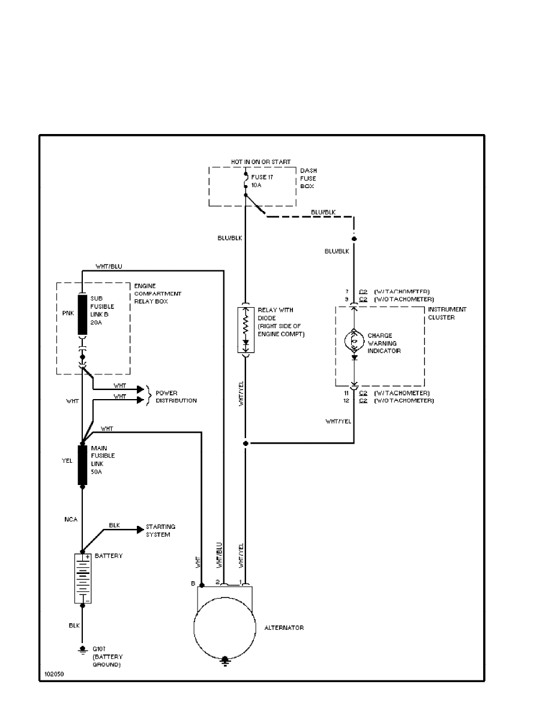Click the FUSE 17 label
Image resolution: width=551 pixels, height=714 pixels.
pyautogui.click(x=263, y=178)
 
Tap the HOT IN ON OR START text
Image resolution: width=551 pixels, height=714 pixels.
pyautogui.click(x=261, y=162)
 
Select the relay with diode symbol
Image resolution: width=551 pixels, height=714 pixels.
pyautogui.click(x=245, y=329)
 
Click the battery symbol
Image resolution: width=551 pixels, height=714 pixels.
pyautogui.click(x=83, y=578)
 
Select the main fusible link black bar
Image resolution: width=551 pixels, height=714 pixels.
pyautogui.click(x=82, y=464)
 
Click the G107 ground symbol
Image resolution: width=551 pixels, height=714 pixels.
pyautogui.click(x=82, y=650)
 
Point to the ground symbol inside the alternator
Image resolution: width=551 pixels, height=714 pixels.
pyautogui.click(x=225, y=660)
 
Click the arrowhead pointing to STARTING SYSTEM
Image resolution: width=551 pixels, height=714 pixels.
pyautogui.click(x=140, y=529)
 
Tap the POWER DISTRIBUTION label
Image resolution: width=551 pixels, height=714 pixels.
pyautogui.click(x=176, y=397)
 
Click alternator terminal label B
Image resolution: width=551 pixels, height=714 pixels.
pyautogui.click(x=193, y=583)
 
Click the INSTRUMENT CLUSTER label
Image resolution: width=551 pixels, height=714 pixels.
pyautogui.click(x=447, y=313)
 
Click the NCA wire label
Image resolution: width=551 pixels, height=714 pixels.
pyautogui.click(x=70, y=517)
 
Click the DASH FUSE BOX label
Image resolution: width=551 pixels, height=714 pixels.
pyautogui.click(x=309, y=178)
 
